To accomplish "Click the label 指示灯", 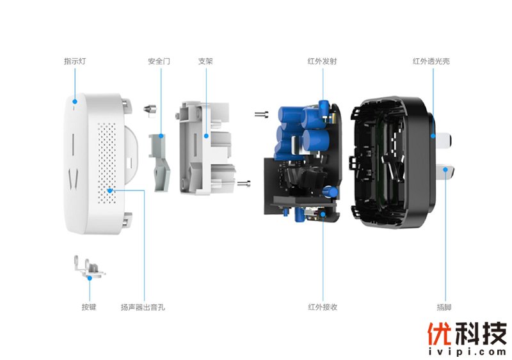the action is [75, 61].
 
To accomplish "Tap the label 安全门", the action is [159, 61].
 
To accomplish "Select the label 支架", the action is [205, 61].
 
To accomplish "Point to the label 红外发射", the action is [322, 61].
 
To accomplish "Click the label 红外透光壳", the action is [431, 61].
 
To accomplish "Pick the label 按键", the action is [89, 307].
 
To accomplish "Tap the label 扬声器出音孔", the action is [143, 307].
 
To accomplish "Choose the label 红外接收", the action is [323, 307].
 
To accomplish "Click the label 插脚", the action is [444, 307].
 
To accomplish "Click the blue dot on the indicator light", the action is [75, 102].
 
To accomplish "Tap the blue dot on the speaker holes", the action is [110, 191].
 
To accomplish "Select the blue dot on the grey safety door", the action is [161, 136].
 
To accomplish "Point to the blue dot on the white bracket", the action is [206, 136].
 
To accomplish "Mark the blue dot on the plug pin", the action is [445, 169].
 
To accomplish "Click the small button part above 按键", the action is [88, 267].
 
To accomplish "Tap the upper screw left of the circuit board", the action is [262, 114].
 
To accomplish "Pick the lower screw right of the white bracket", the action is [244, 184].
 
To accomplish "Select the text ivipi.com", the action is [467, 352].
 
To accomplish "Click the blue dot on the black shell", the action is [433, 136].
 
